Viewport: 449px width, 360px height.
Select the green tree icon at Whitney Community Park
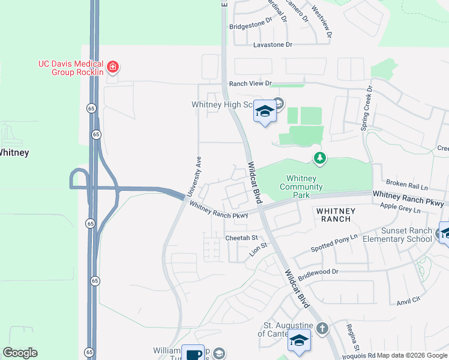point(320,158)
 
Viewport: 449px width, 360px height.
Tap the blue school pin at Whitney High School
point(264,111)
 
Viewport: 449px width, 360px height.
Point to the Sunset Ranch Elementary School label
point(406,235)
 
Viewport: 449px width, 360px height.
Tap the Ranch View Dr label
point(250,83)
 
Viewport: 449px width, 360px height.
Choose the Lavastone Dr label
point(273,45)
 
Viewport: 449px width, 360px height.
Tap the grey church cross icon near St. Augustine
point(322,328)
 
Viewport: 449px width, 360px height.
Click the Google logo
point(20,353)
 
